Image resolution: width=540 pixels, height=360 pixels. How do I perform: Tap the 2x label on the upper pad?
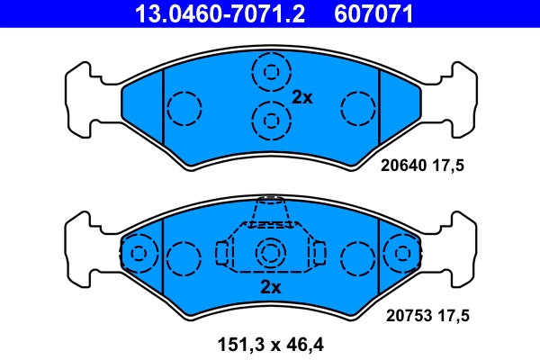[x=301, y=97]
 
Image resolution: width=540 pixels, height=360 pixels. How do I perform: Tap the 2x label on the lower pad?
[x=271, y=287]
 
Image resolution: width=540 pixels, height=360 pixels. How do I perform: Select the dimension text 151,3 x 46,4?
[x=270, y=343]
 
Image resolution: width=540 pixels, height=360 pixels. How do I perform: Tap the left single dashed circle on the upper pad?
[x=184, y=109]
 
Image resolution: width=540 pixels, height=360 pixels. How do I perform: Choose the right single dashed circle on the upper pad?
[x=356, y=109]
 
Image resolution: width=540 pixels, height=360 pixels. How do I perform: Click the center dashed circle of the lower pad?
[x=270, y=256]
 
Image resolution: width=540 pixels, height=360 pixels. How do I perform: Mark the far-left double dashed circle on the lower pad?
[x=138, y=254]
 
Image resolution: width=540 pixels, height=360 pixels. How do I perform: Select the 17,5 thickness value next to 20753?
[x=454, y=315]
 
